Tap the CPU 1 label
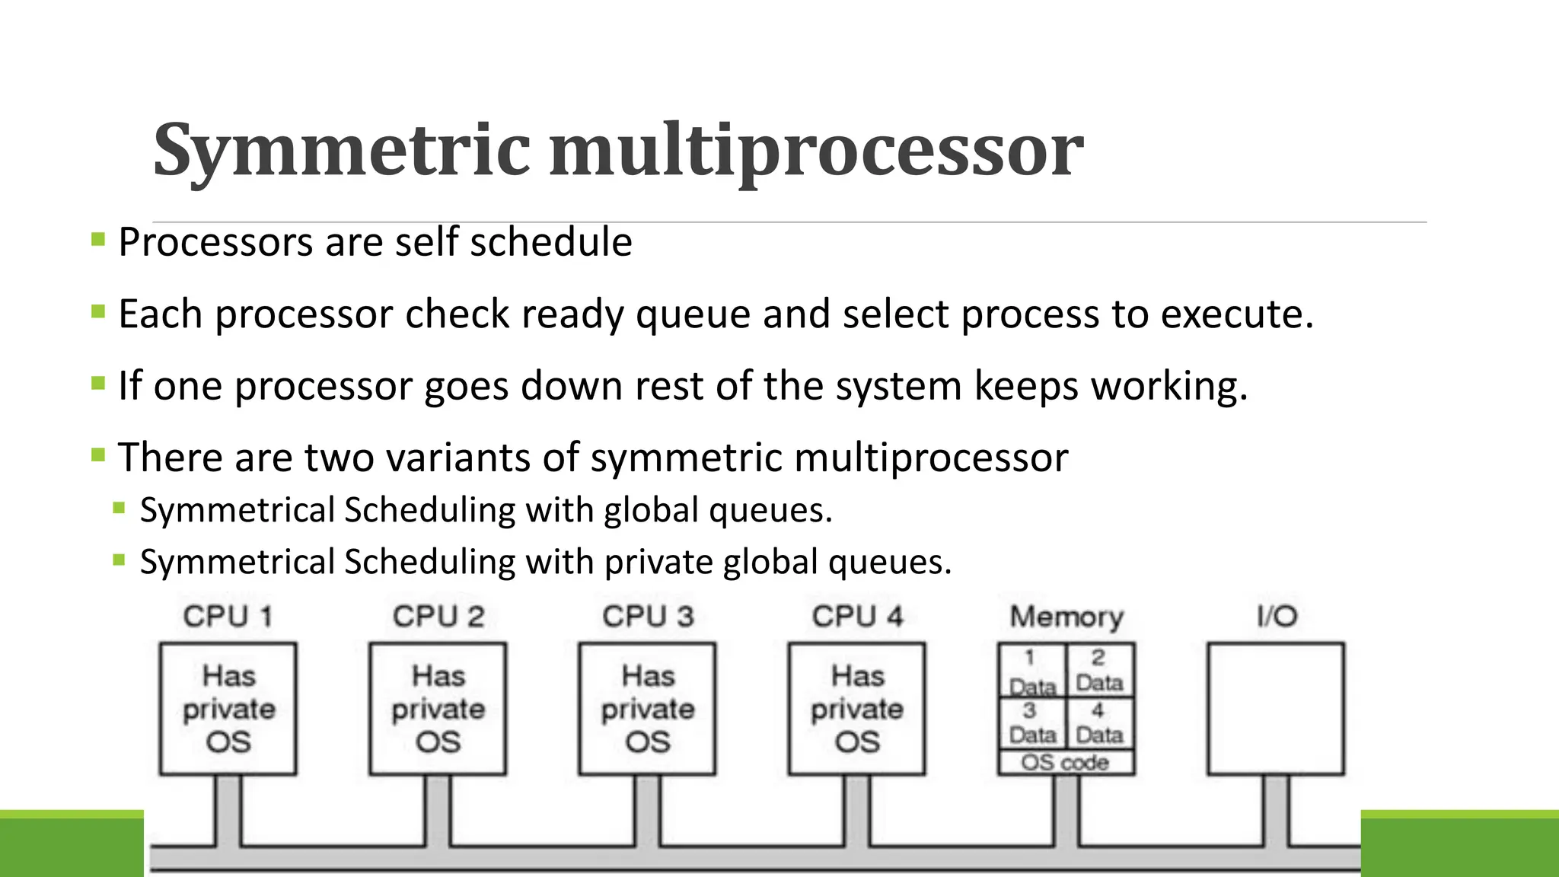(228, 616)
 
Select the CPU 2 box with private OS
(438, 709)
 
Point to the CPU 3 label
(648, 616)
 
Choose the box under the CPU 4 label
(857, 709)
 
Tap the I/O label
(1277, 616)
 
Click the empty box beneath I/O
(1276, 709)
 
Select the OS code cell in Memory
(1066, 762)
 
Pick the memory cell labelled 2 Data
(1099, 670)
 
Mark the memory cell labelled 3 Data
(1032, 722)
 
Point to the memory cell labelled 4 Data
(1099, 722)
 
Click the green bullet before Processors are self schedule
(97, 241)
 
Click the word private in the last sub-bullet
(658, 563)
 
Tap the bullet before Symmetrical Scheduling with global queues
(119, 509)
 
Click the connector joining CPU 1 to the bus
(228, 810)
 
